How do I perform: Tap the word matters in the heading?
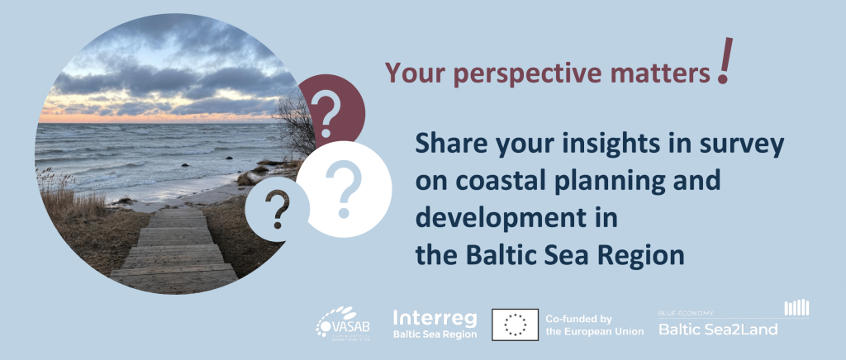[x=667, y=73]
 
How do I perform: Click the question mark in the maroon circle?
[x=330, y=113]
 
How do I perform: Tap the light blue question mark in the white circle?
[x=343, y=187]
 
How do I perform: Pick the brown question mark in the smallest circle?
[x=279, y=207]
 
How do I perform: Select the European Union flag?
[x=516, y=324]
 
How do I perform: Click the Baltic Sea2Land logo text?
[x=717, y=329]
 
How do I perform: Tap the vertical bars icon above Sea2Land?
[x=796, y=307]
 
